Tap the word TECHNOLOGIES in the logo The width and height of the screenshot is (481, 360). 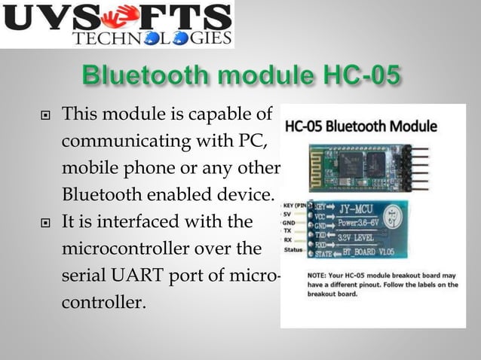[x=151, y=38]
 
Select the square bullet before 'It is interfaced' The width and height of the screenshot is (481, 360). [x=46, y=222]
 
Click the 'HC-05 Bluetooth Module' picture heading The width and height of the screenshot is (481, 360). [x=372, y=125]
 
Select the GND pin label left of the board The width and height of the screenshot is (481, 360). [x=289, y=223]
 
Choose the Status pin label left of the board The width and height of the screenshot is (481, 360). [x=292, y=249]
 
